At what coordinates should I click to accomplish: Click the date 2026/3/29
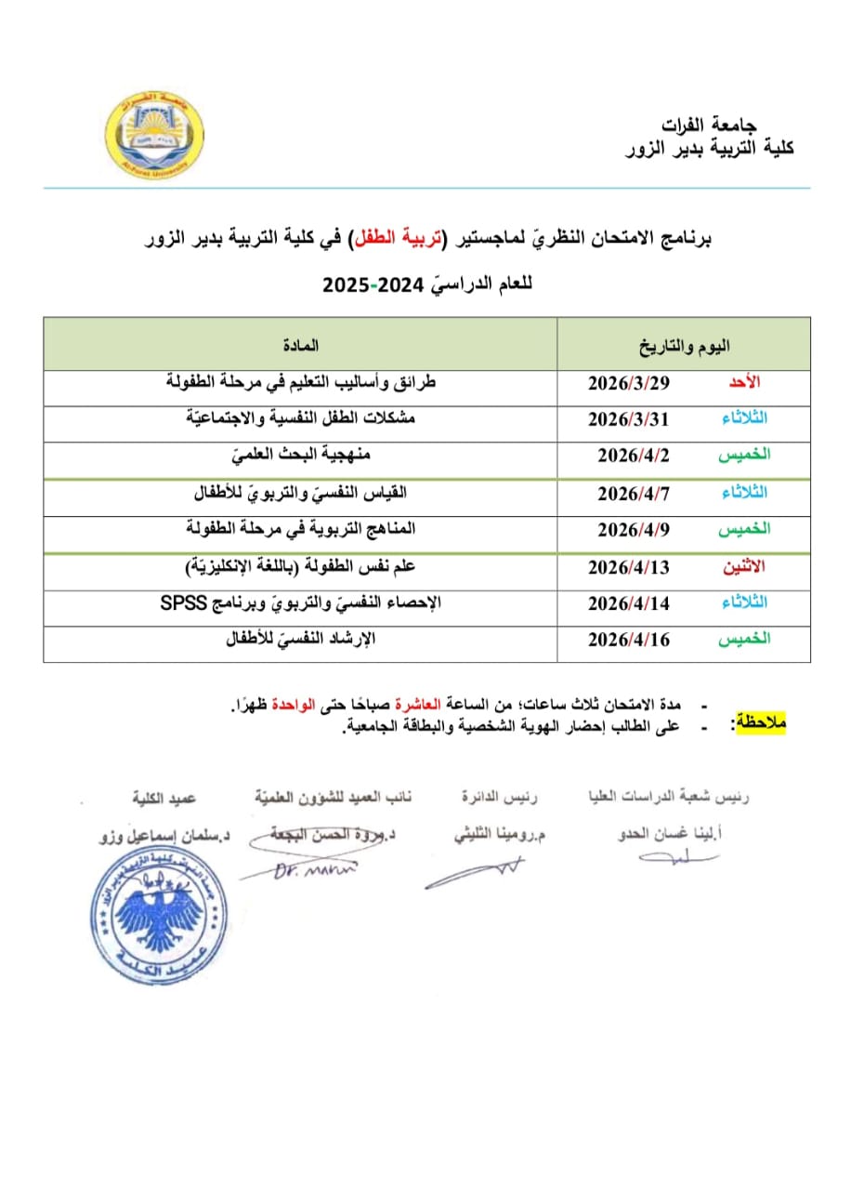630,383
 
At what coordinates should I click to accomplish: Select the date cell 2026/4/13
629,566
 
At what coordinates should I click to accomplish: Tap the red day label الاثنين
744,566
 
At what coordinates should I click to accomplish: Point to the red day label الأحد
744,383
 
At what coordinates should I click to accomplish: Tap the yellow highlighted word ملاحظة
760,721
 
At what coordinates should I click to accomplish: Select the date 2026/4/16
629,639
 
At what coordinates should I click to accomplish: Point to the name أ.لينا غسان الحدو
670,834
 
